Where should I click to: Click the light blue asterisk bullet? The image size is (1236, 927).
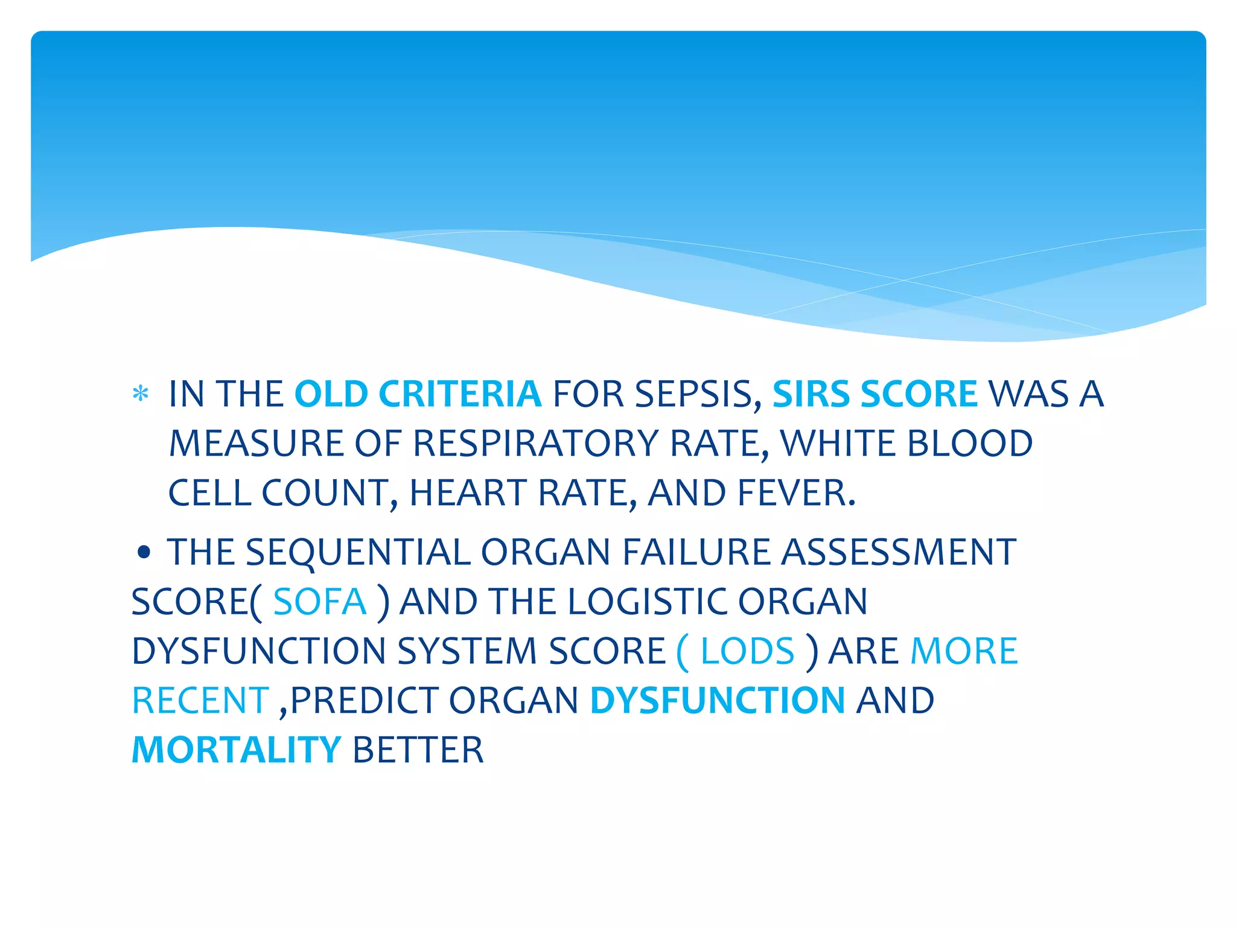pyautogui.click(x=141, y=394)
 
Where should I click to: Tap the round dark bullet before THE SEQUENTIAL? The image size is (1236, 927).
pyautogui.click(x=143, y=552)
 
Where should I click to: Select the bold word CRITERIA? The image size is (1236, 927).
pyautogui.click(x=460, y=394)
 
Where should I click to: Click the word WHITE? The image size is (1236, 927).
pyautogui.click(x=838, y=444)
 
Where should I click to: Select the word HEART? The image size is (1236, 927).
pyautogui.click(x=468, y=493)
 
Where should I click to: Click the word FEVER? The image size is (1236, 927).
pyautogui.click(x=797, y=493)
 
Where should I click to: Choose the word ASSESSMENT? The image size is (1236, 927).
pyautogui.click(x=899, y=552)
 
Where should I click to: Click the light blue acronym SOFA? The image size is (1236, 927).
pyautogui.click(x=320, y=602)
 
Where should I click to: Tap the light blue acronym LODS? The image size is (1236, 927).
pyautogui.click(x=747, y=651)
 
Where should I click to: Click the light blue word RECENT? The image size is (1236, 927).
pyautogui.click(x=200, y=701)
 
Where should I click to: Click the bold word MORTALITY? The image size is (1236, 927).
pyautogui.click(x=237, y=750)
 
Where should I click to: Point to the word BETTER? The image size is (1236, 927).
pyautogui.click(x=418, y=750)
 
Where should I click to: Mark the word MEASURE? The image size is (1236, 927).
pyautogui.click(x=256, y=444)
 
